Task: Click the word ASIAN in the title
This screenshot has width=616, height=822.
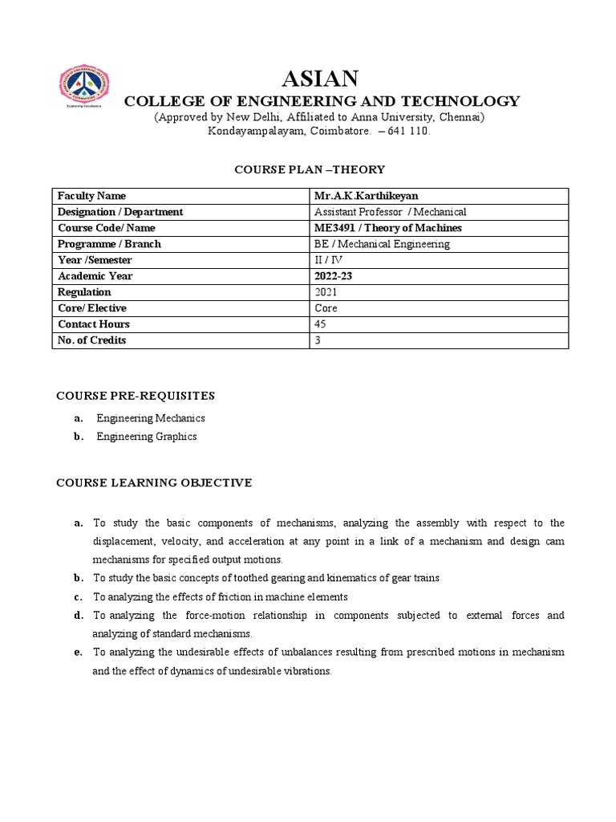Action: [320, 79]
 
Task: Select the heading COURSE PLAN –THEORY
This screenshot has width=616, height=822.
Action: [309, 169]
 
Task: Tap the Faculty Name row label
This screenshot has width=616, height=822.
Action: [91, 196]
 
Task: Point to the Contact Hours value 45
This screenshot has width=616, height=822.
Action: [322, 324]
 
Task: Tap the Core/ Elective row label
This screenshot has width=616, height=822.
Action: [92, 308]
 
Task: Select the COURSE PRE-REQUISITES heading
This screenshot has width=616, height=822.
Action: [135, 396]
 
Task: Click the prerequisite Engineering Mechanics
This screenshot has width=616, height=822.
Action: [151, 418]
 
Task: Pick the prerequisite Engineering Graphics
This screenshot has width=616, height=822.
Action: [147, 437]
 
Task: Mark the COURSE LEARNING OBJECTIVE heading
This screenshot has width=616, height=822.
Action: [153, 482]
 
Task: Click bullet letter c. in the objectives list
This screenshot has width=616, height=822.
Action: [78, 596]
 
